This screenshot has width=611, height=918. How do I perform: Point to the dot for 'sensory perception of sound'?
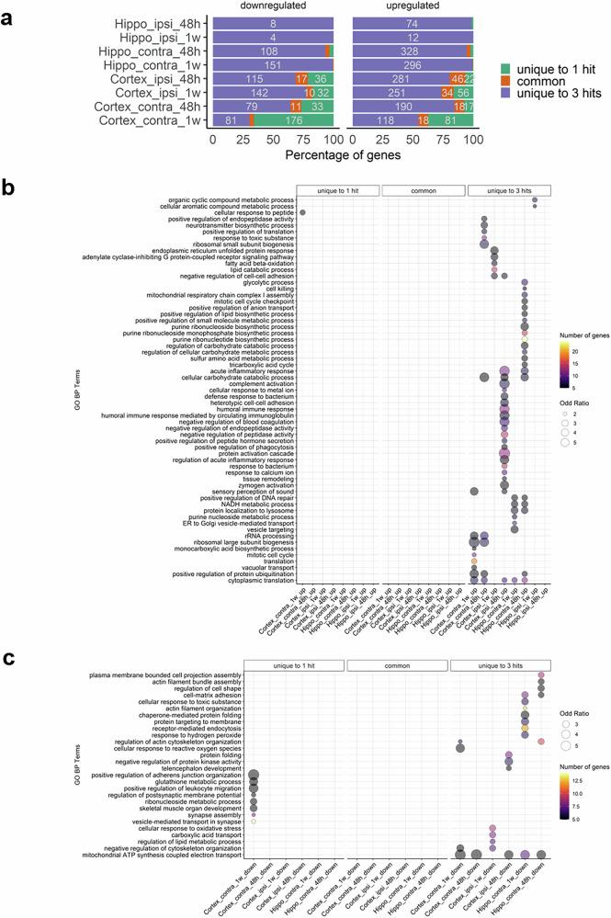coord(473,491)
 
